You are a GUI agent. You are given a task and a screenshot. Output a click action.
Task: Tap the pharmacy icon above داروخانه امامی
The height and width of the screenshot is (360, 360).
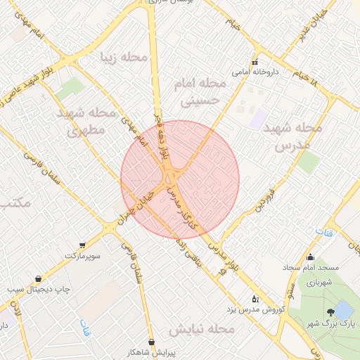click(255, 62)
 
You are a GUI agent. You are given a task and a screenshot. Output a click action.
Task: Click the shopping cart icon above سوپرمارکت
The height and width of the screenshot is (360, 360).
click(83, 245)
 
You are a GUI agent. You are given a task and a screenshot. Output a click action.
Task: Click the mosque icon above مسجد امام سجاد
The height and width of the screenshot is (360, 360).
click(311, 257)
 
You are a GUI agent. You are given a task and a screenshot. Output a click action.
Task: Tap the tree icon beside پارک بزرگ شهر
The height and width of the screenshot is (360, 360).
click(329, 313)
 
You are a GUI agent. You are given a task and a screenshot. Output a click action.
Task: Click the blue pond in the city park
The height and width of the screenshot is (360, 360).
click(343, 309)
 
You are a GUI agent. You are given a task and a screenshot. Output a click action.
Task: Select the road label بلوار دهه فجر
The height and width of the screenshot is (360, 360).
click(162, 134)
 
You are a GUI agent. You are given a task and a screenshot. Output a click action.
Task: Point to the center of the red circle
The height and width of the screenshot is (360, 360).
click(180, 179)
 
